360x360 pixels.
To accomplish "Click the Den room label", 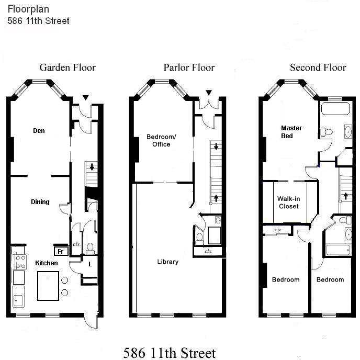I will tap(38, 131).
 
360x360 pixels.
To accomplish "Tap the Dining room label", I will tap(40, 202).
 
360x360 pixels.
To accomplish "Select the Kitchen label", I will tap(47, 263).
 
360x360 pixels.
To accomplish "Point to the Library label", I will tap(168, 262).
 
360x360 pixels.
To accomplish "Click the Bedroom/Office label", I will tap(161, 141).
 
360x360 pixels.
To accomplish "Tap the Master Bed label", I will tap(291, 132).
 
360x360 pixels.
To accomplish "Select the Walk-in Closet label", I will tap(288, 203).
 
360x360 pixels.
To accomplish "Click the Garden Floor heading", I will tap(67, 67).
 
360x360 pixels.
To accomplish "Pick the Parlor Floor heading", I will tap(189, 67).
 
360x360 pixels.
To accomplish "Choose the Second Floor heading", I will tap(318, 67).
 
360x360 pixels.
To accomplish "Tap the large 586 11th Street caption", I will tap(169, 352).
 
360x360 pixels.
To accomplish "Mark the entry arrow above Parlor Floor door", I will tap(209, 93).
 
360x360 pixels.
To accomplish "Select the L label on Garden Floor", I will tap(90, 264).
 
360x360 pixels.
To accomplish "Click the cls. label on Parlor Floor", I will tap(208, 252).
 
